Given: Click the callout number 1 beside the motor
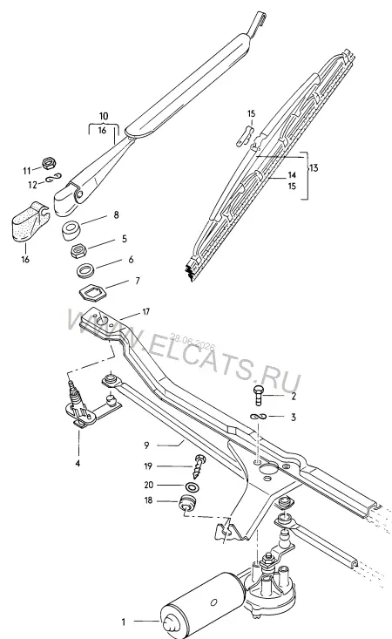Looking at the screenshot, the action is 124,622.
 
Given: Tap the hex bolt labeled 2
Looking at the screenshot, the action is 258,395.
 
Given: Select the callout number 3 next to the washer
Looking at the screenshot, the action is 293,418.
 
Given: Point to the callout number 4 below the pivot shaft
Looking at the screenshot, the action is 78,464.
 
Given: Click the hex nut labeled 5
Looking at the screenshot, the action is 78,250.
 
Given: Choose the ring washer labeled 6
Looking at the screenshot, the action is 85,270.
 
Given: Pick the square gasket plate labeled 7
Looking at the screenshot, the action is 92,293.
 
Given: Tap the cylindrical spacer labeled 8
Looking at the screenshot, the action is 71,230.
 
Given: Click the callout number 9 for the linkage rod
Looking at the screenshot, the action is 147,445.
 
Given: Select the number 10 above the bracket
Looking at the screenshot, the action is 104,116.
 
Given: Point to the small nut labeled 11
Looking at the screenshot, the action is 50,163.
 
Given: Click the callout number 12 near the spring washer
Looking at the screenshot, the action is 32,185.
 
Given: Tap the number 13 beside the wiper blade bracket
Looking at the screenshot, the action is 314,168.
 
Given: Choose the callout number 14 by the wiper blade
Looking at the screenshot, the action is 292,175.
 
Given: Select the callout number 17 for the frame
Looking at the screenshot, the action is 146,312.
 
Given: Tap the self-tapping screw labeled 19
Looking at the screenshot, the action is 199,467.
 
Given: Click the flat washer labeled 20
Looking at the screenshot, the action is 191,486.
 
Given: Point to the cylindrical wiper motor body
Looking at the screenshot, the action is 204,608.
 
